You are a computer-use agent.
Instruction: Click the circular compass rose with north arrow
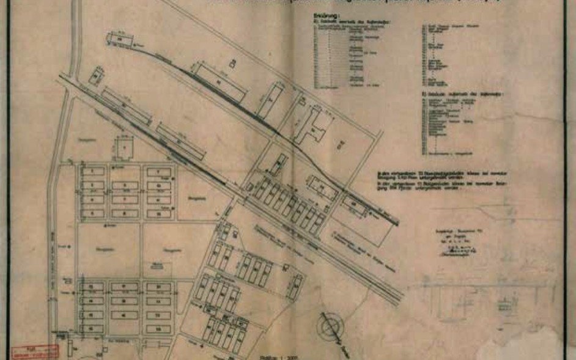333,324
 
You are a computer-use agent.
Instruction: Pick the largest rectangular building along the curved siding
221,82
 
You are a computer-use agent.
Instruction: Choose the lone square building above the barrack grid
125,147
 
